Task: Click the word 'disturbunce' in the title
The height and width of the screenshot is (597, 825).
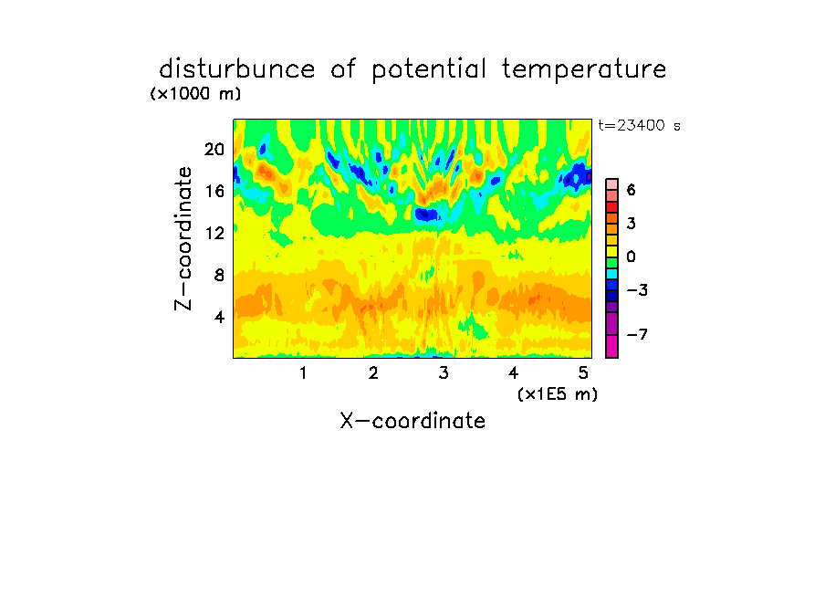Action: [236, 69]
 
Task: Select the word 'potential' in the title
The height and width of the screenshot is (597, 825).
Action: [428, 70]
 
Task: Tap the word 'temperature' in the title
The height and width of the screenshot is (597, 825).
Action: [584, 70]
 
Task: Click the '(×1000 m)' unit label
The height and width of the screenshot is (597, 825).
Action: [195, 94]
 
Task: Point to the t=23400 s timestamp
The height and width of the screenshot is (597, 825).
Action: [639, 125]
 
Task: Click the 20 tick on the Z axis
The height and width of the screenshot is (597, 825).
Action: [214, 150]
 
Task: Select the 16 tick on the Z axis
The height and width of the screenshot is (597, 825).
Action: [214, 191]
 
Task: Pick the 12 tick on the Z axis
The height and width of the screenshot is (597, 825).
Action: [214, 233]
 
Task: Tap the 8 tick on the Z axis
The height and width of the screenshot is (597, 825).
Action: [219, 275]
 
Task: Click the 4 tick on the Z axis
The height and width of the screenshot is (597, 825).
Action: [219, 317]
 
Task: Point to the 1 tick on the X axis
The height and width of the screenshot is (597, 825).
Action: [303, 372]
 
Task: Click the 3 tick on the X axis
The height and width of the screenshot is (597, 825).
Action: [444, 372]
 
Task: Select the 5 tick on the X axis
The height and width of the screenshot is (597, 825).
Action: [583, 372]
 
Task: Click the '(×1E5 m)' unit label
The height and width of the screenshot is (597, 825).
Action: [558, 394]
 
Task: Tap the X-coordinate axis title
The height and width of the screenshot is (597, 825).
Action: [412, 421]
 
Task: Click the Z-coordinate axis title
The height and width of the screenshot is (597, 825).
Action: [183, 238]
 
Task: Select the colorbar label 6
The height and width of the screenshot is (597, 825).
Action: [632, 190]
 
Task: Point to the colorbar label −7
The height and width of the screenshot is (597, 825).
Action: [637, 334]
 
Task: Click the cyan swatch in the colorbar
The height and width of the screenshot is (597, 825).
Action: [612, 274]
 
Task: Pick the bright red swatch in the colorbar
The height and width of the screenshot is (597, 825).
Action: [612, 207]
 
